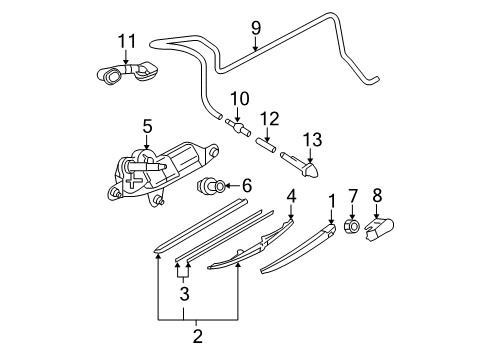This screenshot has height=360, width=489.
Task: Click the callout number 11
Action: (127, 41)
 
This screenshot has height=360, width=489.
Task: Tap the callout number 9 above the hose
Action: (256, 28)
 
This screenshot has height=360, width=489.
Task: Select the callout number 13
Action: (312, 140)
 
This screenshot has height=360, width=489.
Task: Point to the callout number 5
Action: (147, 126)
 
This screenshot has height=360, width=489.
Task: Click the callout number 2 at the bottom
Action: (198, 336)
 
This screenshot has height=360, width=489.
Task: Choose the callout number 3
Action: (184, 294)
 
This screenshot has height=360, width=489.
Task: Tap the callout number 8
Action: (377, 195)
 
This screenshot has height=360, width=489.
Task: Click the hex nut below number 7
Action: (352, 226)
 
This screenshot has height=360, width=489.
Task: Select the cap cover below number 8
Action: (379, 229)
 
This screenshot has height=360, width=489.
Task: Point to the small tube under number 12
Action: (266, 145)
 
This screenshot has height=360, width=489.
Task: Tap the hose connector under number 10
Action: (238, 128)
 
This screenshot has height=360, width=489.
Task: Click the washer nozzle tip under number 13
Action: (300, 165)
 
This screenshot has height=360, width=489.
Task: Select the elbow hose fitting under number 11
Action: (127, 73)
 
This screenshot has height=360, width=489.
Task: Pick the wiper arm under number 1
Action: (297, 249)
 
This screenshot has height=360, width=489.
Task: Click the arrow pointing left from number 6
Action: (232, 186)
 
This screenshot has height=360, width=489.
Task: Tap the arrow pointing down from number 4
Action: (291, 212)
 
